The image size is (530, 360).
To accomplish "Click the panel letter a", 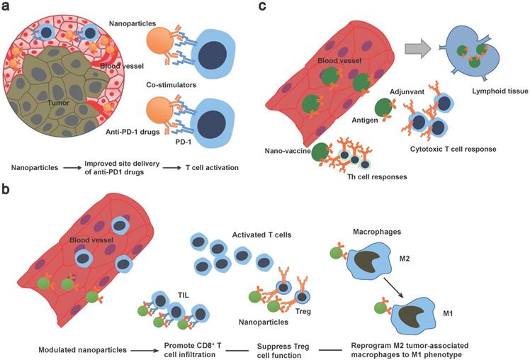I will (x=7, y=9).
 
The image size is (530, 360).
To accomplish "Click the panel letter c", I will (x=263, y=9).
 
